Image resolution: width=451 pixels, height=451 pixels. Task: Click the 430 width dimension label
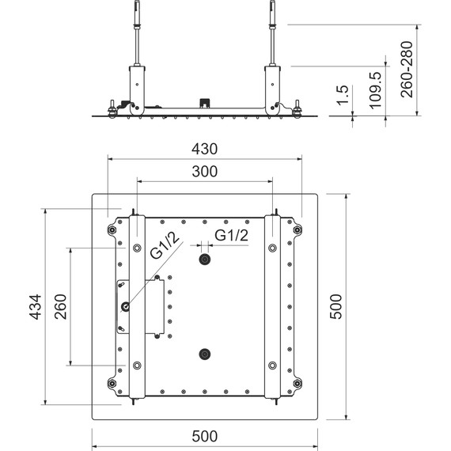pos(204,149)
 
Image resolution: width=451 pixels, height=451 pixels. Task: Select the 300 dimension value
pos(204,171)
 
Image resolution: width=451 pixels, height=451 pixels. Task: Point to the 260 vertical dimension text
pos(60,305)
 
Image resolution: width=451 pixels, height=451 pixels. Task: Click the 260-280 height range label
pos(407,69)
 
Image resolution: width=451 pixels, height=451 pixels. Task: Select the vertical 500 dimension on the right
pos(335,305)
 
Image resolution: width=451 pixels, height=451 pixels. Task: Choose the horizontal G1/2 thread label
pos(232,235)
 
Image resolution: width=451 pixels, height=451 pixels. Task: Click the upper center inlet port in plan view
pos(205,260)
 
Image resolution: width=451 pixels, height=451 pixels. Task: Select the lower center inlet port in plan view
pos(205,354)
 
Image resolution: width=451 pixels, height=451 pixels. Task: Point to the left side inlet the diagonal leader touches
pos(125,307)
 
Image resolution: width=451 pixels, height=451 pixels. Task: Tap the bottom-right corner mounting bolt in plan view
pos(298,385)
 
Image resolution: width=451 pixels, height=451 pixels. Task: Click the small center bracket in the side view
pos(205,103)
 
